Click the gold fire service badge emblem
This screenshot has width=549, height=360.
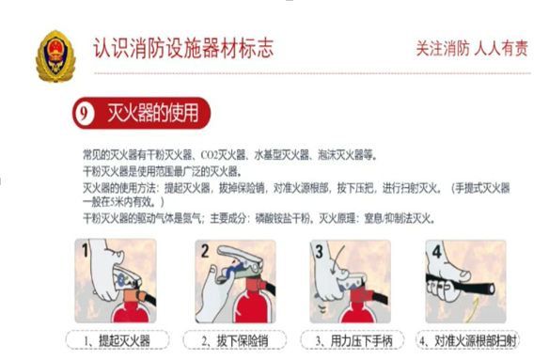[x=55, y=56]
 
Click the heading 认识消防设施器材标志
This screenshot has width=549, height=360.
[x=183, y=48]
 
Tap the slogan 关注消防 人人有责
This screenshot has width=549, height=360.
[x=472, y=48]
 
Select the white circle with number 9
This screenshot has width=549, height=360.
[x=84, y=113]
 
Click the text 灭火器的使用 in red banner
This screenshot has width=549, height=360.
[x=152, y=113]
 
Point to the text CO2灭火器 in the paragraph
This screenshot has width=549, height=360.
[x=223, y=154]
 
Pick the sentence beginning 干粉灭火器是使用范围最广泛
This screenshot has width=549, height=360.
[x=162, y=172]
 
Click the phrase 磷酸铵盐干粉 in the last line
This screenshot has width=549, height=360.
[x=283, y=219]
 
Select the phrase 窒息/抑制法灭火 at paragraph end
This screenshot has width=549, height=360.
[x=397, y=219]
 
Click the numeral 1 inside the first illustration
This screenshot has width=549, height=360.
[x=85, y=250]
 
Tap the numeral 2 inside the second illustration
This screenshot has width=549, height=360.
[x=205, y=251]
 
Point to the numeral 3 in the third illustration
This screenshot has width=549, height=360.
[x=319, y=252]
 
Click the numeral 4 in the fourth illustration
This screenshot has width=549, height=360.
[x=436, y=252]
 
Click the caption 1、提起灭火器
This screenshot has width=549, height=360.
[x=118, y=340]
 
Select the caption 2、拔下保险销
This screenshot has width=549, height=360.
[x=235, y=340]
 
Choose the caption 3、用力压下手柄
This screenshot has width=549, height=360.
[x=354, y=340]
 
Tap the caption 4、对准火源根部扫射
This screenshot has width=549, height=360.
[x=468, y=340]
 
